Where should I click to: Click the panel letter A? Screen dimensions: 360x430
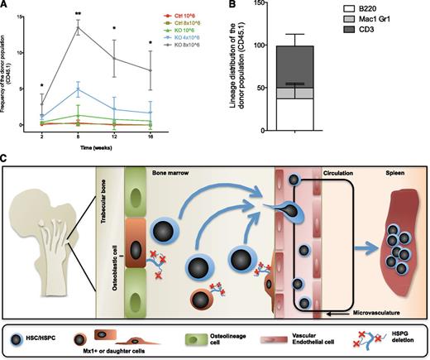(6, 6)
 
